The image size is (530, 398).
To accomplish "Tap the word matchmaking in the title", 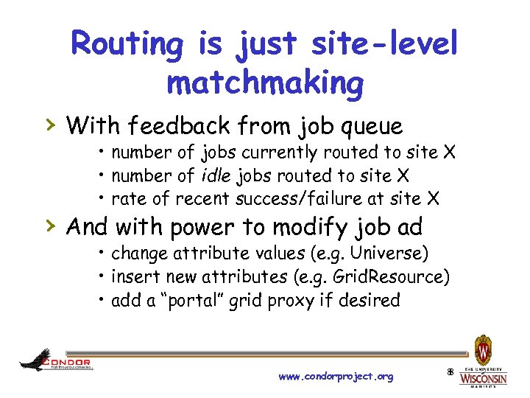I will coord(265,83).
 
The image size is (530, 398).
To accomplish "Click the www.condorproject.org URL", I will coord(336,377).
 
